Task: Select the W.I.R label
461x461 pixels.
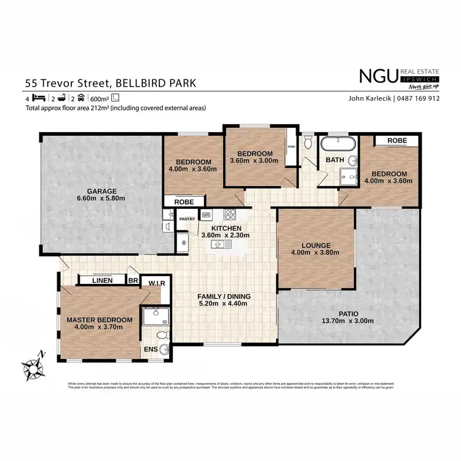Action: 156,283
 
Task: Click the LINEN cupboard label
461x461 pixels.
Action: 103,280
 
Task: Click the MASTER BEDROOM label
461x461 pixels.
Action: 100,320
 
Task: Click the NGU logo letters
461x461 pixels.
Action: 377,76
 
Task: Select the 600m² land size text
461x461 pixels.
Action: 100,98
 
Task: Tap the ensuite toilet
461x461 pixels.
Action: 162,336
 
